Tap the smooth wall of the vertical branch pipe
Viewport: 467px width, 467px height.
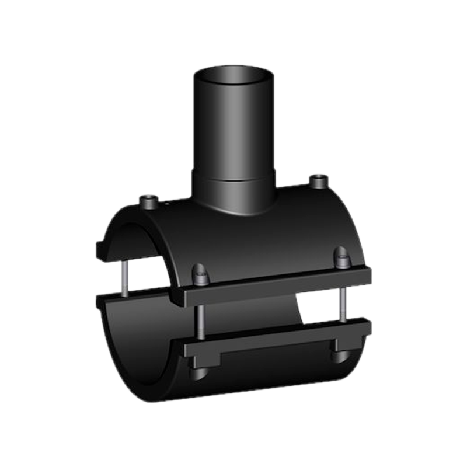point(233,128)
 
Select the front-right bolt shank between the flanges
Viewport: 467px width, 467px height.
point(344,301)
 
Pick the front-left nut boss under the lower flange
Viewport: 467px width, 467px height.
point(198,371)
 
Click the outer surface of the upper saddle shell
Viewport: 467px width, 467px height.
point(263,233)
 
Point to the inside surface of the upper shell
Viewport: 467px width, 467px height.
point(126,239)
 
